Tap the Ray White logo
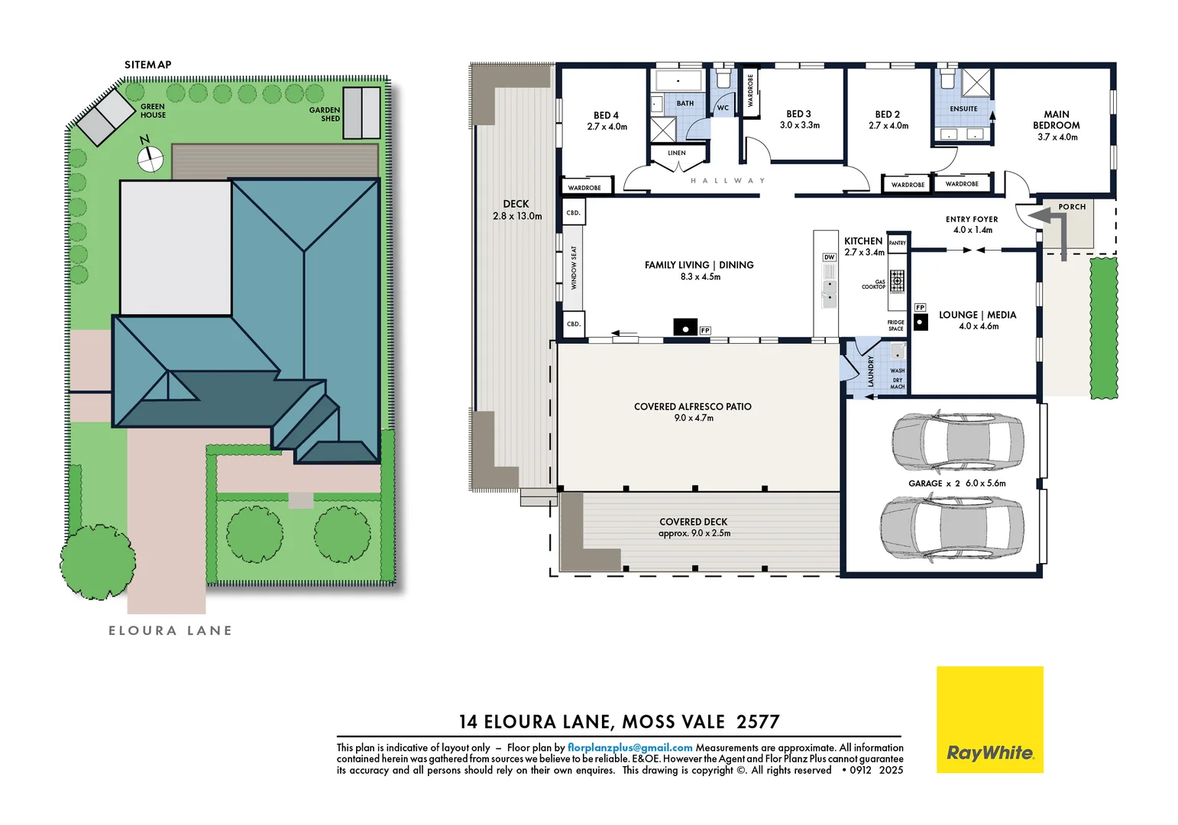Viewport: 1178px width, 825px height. click(x=989, y=719)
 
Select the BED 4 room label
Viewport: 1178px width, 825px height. click(x=606, y=115)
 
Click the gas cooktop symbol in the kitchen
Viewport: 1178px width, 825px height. click(x=897, y=281)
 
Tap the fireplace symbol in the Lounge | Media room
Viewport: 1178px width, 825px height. click(x=921, y=322)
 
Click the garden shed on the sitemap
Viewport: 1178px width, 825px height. click(x=361, y=113)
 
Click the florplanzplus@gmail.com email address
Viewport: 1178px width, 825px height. click(x=629, y=748)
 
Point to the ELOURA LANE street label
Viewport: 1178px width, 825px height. click(x=170, y=631)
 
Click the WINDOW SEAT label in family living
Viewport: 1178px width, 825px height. click(x=574, y=268)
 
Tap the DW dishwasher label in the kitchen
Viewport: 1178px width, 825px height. click(x=829, y=257)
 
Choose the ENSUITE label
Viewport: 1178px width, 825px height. click(x=963, y=109)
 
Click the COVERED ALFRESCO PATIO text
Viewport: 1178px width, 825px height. click(x=692, y=407)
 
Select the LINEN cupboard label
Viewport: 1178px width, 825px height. click(x=677, y=153)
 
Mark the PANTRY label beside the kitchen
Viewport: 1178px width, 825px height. click(x=898, y=243)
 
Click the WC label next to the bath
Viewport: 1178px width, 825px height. click(x=723, y=108)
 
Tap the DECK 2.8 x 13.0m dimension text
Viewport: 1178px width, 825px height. click(x=517, y=216)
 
